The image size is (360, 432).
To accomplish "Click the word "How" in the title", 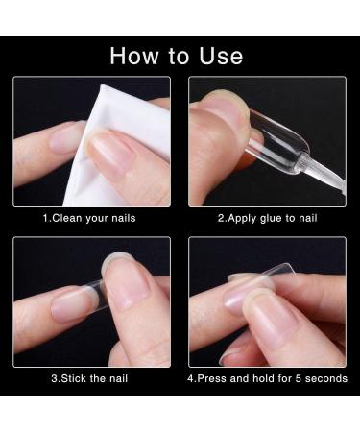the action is pyautogui.click(x=134, y=56).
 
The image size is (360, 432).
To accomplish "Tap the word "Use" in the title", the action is pyautogui.click(x=221, y=56).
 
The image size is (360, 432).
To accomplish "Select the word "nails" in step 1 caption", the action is pyautogui.click(x=124, y=218).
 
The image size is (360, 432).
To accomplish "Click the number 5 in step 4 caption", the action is pyautogui.click(x=299, y=378).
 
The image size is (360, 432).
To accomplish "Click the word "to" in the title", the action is pyautogui.click(x=179, y=57).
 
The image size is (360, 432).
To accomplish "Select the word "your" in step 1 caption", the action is pyautogui.click(x=97, y=219).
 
